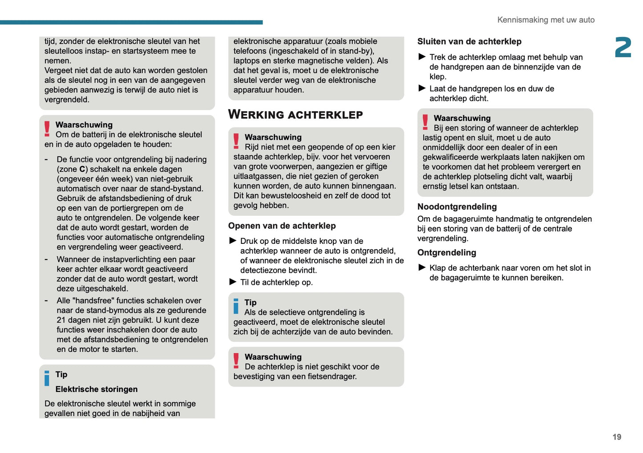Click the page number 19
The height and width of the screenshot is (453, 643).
[x=616, y=437]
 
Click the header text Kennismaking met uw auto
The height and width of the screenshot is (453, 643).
[x=546, y=20]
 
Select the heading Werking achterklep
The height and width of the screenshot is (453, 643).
[x=295, y=114]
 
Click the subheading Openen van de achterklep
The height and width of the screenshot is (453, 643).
[x=282, y=226]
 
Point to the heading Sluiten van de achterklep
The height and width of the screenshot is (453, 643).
[x=469, y=41]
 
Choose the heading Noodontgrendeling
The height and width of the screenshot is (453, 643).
[x=457, y=206]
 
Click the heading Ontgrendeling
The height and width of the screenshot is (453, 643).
[x=446, y=252]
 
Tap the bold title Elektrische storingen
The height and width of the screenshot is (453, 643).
[x=96, y=389]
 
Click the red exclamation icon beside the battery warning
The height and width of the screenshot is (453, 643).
[x=47, y=129]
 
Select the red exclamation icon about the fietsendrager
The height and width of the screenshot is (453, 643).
[x=236, y=361]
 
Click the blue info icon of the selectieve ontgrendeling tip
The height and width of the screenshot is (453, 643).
[x=236, y=306]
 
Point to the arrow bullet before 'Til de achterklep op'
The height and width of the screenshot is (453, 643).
[x=233, y=282]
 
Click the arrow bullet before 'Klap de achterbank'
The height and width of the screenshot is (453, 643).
[x=422, y=267]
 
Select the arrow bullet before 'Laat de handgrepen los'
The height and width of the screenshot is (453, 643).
[x=422, y=88]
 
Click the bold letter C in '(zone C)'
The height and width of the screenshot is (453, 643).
[x=82, y=169]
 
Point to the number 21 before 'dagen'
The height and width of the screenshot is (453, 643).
[x=61, y=320]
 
